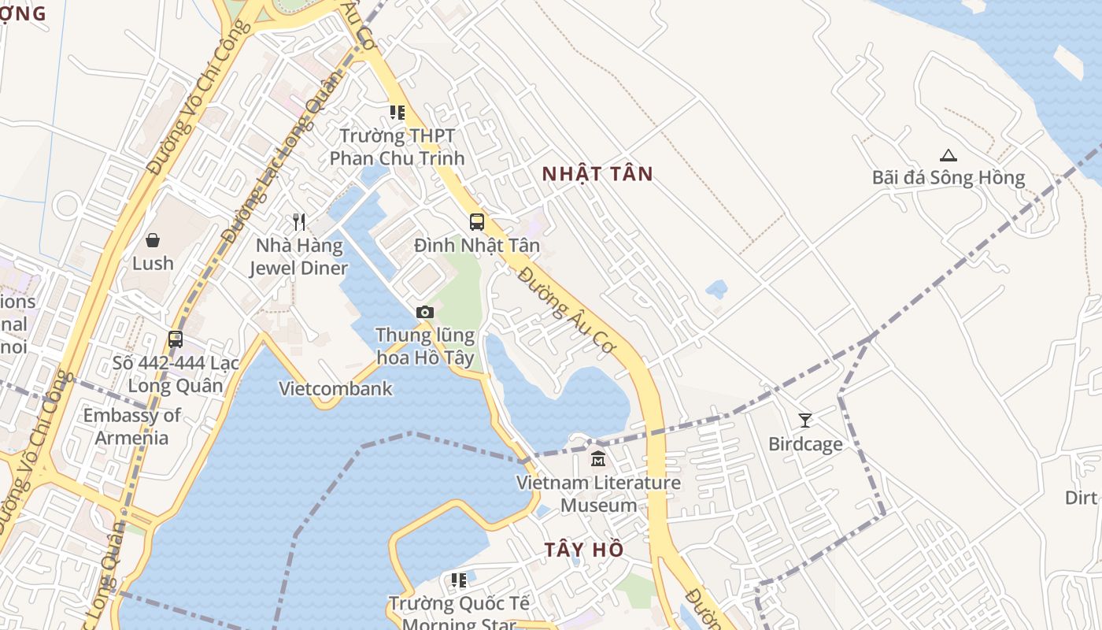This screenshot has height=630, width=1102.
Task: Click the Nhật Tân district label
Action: (597, 174)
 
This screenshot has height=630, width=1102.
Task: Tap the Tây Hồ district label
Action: (584, 550)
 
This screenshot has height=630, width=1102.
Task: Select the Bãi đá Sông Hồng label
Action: (948, 177)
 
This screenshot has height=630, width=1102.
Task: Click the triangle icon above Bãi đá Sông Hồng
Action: (948, 155)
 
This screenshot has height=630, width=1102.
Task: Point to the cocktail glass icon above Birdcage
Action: (804, 420)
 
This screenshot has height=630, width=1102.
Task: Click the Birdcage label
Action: (805, 444)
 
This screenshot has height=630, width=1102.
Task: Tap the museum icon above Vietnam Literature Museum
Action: (598, 458)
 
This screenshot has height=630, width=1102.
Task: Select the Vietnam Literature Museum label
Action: (598, 494)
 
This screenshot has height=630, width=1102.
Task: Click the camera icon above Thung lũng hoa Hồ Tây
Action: (425, 313)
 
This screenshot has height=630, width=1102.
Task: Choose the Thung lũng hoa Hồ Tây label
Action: (425, 346)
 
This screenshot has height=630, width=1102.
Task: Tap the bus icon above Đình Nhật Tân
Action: (477, 221)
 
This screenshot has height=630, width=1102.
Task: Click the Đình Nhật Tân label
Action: (477, 246)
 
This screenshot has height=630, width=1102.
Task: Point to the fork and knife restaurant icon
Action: (298, 221)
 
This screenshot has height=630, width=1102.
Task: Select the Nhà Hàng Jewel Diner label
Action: (298, 257)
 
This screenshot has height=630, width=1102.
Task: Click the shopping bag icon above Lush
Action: (153, 239)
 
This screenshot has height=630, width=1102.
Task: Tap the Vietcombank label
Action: (335, 388)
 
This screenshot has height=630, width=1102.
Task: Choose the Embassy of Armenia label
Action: (132, 426)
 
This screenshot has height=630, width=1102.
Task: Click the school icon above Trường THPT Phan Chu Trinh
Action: (398, 113)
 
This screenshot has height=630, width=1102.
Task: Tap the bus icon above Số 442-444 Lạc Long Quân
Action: (176, 339)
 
